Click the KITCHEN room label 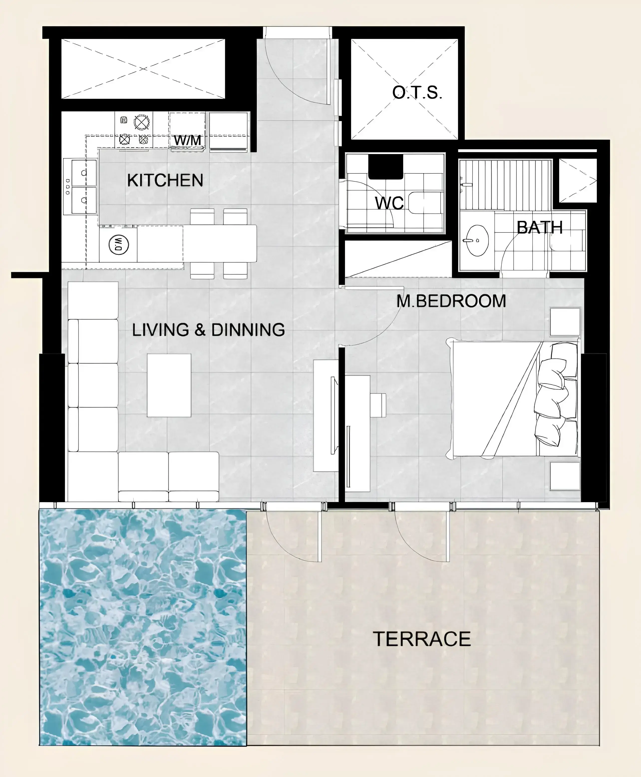[x=165, y=180]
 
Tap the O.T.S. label [x=417, y=92]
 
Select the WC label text [x=389, y=203]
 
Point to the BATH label [x=539, y=227]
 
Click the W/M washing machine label [x=187, y=140]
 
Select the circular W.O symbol [x=119, y=244]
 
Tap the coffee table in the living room [x=169, y=385]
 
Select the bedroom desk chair [x=377, y=405]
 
